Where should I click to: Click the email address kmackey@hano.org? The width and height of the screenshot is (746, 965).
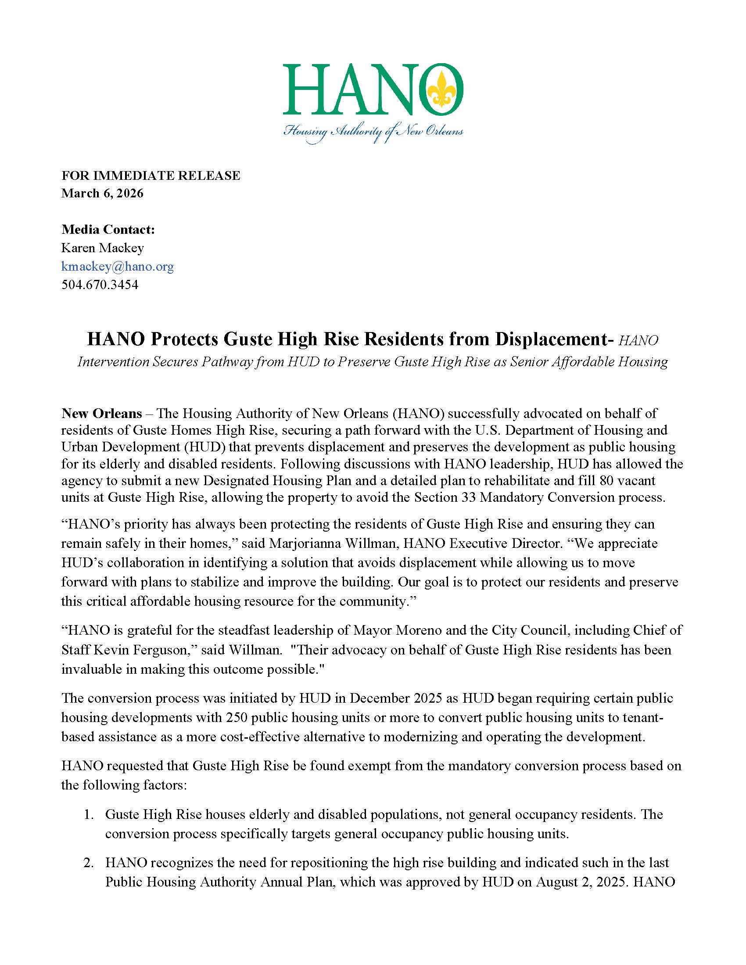pyautogui.click(x=117, y=266)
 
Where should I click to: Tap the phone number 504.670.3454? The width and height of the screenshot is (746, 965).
pyautogui.click(x=100, y=285)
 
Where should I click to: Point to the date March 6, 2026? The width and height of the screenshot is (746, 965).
pyautogui.click(x=103, y=193)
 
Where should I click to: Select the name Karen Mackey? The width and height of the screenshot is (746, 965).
pyautogui.click(x=103, y=248)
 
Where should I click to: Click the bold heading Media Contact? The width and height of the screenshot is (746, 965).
pyautogui.click(x=108, y=229)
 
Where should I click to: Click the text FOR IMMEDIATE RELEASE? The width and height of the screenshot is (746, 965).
pyautogui.click(x=151, y=175)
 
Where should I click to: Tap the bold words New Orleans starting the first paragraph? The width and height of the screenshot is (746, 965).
pyautogui.click(x=102, y=414)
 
